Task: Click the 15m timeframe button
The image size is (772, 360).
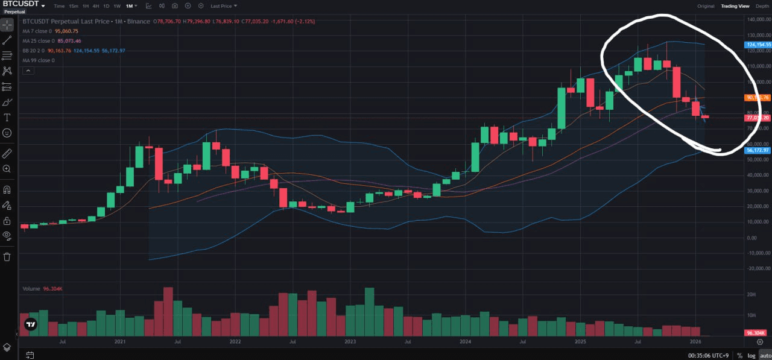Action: click(x=74, y=6)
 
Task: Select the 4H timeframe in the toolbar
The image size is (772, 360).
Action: click(x=95, y=6)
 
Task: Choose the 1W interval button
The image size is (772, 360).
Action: click(x=116, y=6)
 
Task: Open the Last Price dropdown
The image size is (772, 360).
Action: click(x=223, y=6)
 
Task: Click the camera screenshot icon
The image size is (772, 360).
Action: click(x=174, y=6)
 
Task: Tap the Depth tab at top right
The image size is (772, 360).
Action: click(x=762, y=6)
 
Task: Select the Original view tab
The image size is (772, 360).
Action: click(x=706, y=6)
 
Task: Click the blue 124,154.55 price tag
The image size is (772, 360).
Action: click(x=759, y=45)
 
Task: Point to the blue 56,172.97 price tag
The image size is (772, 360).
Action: click(x=759, y=150)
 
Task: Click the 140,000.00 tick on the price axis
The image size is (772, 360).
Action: click(x=759, y=19)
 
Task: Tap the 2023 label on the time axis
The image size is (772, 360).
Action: click(x=350, y=342)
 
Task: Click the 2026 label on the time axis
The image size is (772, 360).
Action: click(x=695, y=342)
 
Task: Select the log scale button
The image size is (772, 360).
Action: click(x=751, y=355)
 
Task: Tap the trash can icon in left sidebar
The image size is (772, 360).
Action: click(x=7, y=257)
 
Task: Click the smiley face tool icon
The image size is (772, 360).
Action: click(x=7, y=132)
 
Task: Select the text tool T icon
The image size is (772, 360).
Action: click(x=7, y=117)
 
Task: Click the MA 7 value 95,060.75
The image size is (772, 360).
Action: click(x=67, y=31)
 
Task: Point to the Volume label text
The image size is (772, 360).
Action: click(x=31, y=289)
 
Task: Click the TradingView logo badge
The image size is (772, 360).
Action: click(x=31, y=324)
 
